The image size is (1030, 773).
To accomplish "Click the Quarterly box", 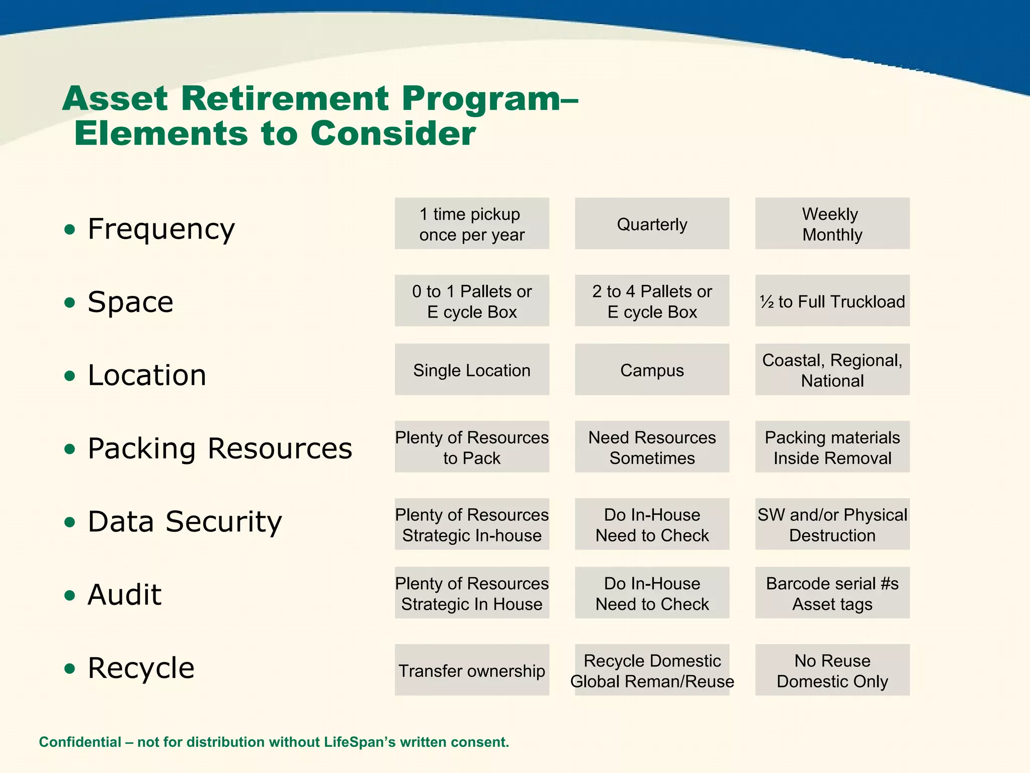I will click(x=652, y=223).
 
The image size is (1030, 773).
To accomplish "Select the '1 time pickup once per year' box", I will click(x=472, y=223).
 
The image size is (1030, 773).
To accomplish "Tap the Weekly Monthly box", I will click(x=832, y=223).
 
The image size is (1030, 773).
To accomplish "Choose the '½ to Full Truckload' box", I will click(x=832, y=301).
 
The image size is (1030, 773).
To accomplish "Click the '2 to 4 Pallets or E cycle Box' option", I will click(x=652, y=301).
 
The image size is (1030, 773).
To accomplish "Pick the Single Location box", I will click(x=472, y=370).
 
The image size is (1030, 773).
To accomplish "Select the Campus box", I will click(x=652, y=370).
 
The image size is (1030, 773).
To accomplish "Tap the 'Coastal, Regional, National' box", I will click(x=832, y=370).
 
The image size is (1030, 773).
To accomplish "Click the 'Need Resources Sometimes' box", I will click(x=652, y=447).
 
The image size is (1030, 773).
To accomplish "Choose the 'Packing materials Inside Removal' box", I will click(x=832, y=447).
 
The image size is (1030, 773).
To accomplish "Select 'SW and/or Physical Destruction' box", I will click(x=832, y=524).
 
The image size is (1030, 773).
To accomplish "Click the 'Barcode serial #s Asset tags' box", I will click(x=832, y=593).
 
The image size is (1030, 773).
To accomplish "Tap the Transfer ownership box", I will click(x=472, y=670).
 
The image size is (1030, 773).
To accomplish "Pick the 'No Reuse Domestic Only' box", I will click(x=832, y=670).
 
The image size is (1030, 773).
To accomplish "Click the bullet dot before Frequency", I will click(x=70, y=230).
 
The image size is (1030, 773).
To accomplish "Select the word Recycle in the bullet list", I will click(x=141, y=668).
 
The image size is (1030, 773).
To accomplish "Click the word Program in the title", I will click(x=481, y=99).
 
